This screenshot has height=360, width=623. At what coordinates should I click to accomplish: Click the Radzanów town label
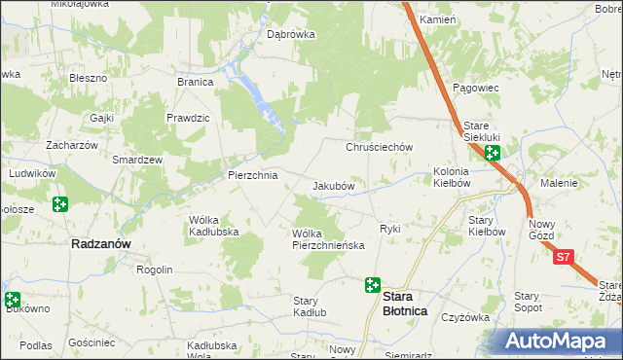pyautogui.click(x=102, y=245)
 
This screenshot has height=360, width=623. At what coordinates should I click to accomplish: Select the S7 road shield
pyautogui.click(x=566, y=259)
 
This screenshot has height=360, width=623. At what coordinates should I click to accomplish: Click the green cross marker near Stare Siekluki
pyautogui.click(x=493, y=153)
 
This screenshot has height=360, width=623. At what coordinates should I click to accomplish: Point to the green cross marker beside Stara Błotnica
pyautogui.click(x=372, y=285)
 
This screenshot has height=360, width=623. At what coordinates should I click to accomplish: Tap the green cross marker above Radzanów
pyautogui.click(x=61, y=203)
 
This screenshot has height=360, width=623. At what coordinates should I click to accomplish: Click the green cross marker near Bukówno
pyautogui.click(x=12, y=301)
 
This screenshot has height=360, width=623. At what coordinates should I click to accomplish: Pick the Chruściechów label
pyautogui.click(x=381, y=147)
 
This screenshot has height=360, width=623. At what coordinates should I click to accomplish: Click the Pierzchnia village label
pyautogui.click(x=252, y=176)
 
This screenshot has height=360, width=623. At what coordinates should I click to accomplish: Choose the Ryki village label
pyautogui.click(x=390, y=229)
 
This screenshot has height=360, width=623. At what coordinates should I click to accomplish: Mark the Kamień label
pyautogui.click(x=437, y=19)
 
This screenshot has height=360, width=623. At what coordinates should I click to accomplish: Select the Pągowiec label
pyautogui.click(x=476, y=88)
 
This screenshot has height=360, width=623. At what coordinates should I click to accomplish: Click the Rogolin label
pyautogui.click(x=154, y=270)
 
